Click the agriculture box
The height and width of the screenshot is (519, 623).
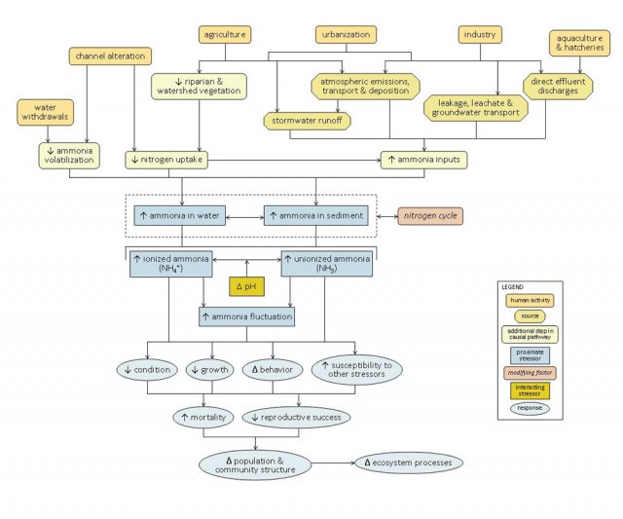tap(226, 35)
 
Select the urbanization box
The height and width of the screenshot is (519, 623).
tap(345, 35)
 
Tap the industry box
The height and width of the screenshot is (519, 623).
tap(479, 35)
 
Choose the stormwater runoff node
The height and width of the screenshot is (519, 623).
tap(308, 121)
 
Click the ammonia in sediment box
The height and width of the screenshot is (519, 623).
tap(317, 215)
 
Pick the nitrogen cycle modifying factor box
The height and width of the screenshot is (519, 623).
tap(429, 215)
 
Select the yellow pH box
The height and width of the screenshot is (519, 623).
tap(246, 286)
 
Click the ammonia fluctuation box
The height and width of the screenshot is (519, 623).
tap(246, 316)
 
